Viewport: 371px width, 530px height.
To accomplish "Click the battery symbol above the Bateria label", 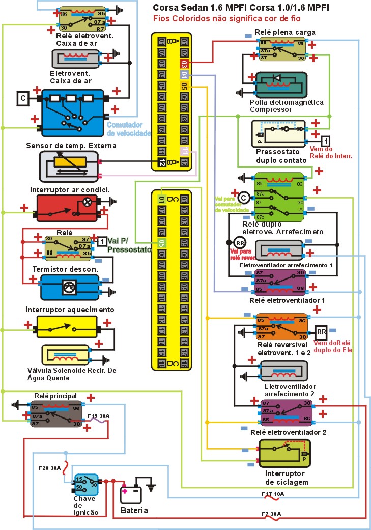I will (x=131, y=494).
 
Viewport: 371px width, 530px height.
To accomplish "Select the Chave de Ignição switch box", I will (x=86, y=485).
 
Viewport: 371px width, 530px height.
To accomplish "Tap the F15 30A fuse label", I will (x=99, y=416).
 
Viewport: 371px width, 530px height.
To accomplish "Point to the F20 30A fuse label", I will (x=50, y=468).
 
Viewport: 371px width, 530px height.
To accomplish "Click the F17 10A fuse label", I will (x=273, y=494).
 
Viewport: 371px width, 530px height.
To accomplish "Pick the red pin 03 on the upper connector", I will (x=184, y=64).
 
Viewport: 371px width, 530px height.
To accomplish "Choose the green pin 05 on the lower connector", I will (x=162, y=243).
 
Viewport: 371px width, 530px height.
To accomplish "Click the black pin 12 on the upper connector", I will (x=162, y=162).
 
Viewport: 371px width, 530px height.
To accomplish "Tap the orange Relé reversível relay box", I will (x=281, y=326).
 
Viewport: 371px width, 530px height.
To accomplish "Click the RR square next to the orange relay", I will (x=321, y=332).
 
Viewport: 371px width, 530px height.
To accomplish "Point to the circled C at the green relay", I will (x=243, y=197).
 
